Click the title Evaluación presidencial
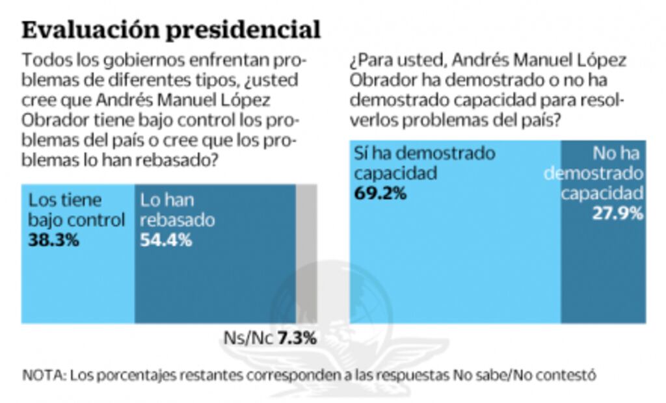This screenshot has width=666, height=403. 171,30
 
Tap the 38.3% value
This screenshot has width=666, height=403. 53,239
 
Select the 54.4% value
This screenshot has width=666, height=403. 166,239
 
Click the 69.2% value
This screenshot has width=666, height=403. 380,193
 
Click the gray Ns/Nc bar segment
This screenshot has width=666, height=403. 306,253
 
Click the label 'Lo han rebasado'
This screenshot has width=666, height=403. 178,210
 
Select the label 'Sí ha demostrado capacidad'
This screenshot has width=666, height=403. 424,164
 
